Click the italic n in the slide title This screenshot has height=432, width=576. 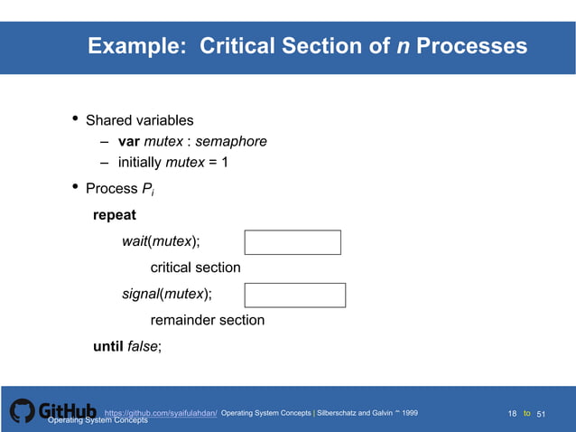coord(403,46)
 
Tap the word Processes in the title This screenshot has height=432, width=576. coord(472,46)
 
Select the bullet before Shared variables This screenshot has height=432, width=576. coord(74,119)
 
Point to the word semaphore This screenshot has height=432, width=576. coord(231,142)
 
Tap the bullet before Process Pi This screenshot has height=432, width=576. coord(74,188)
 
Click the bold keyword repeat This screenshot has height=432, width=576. coord(115,216)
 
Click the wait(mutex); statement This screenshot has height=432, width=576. coord(162,242)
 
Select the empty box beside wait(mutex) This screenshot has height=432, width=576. coord(293,242)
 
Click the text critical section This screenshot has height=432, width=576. coord(195,268)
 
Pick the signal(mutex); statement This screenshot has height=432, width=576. coord(167,294)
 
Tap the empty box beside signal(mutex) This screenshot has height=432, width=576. coord(294,295)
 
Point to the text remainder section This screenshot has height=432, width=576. coord(207,320)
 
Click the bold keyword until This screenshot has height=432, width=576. coord(107,346)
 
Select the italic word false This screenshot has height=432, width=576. coord(142,346)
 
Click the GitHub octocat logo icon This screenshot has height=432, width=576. coord(23,411)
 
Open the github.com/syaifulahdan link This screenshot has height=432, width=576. coord(161,413)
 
